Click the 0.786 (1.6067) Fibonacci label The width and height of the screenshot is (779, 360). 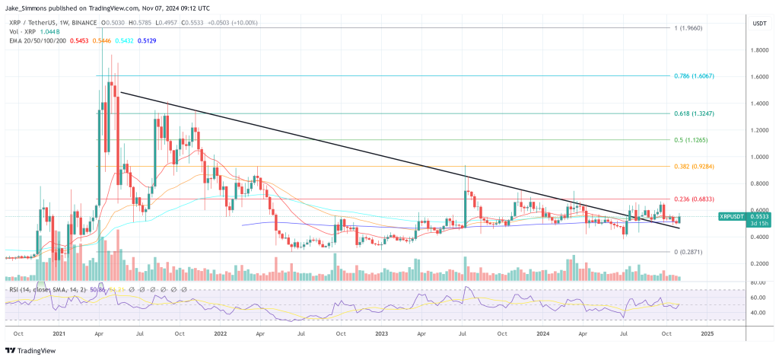tap(695, 77)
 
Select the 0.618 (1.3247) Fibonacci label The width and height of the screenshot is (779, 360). tap(695, 113)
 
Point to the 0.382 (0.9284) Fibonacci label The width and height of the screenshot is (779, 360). tap(695, 167)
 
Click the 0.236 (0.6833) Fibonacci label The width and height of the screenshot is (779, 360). tap(695, 199)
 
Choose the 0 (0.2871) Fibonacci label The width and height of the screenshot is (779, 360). tap(688, 251)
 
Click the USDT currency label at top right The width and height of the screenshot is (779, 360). tap(758, 24)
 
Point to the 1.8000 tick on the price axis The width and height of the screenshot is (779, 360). tap(757, 50)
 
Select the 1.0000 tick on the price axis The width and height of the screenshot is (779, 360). tap(757, 157)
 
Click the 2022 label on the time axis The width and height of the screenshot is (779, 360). tap(221, 334)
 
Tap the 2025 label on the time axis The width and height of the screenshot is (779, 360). tap(706, 334)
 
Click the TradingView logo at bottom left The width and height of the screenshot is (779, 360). tap(34, 350)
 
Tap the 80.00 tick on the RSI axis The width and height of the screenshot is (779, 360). tap(757, 282)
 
